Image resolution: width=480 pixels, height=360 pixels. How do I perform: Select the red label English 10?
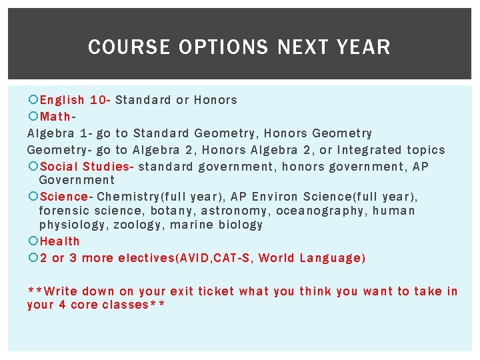[73, 100]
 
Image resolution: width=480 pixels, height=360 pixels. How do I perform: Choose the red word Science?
[63, 197]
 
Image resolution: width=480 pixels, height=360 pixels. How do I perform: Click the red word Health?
[59, 241]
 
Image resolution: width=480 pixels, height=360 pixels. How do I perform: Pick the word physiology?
[72, 225]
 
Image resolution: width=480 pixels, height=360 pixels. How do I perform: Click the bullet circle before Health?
[33, 241]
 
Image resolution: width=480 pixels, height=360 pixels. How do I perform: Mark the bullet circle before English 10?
[33, 100]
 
